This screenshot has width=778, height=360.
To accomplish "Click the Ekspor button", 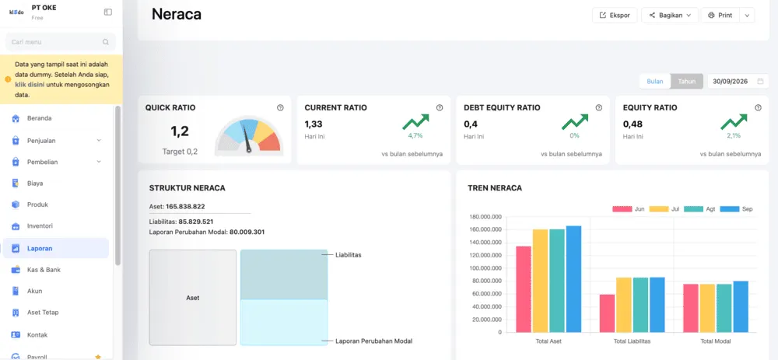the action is pos(615,16).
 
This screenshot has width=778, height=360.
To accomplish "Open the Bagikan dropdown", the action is pos(670,16).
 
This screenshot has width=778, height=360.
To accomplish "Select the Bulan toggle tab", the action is pos(655,82).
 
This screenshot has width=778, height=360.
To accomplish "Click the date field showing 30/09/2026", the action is pos(738,82).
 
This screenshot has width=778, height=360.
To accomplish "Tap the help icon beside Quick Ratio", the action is pos(280,107).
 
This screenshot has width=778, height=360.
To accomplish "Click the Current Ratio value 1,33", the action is pos(313,124).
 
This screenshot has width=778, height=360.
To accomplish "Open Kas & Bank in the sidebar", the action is pos(44,270).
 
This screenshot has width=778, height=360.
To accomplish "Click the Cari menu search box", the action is pos(60,42).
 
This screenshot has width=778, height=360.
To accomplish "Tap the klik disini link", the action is pos(30,84).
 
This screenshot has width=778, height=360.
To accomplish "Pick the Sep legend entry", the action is pos(736,208).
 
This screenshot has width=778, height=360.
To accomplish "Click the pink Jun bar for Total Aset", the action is pos(524,289).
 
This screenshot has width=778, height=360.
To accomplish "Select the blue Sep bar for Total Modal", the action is pos(741,306).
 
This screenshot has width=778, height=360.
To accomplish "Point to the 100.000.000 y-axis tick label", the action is pos(485,268).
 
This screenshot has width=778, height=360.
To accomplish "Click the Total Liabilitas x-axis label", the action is pos(632,341).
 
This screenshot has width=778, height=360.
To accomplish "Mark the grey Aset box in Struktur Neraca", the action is pos(193,298).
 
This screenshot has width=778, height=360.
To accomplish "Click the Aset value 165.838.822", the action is pos(185,207).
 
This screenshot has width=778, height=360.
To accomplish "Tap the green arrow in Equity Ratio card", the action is pos(734,121).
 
